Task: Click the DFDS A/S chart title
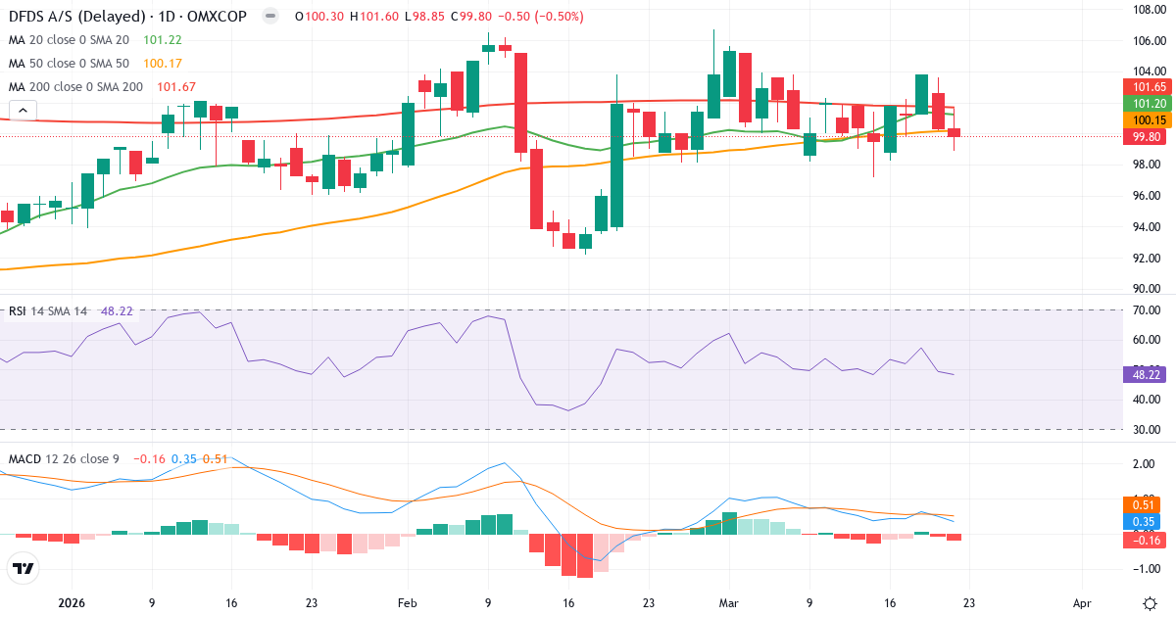tap(127, 17)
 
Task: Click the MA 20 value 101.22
tap(162, 40)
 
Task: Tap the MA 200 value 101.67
tap(175, 87)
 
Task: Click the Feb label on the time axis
tap(406, 604)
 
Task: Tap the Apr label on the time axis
tap(1082, 604)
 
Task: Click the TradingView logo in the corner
tap(23, 567)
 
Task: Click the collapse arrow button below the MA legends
tap(22, 111)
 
